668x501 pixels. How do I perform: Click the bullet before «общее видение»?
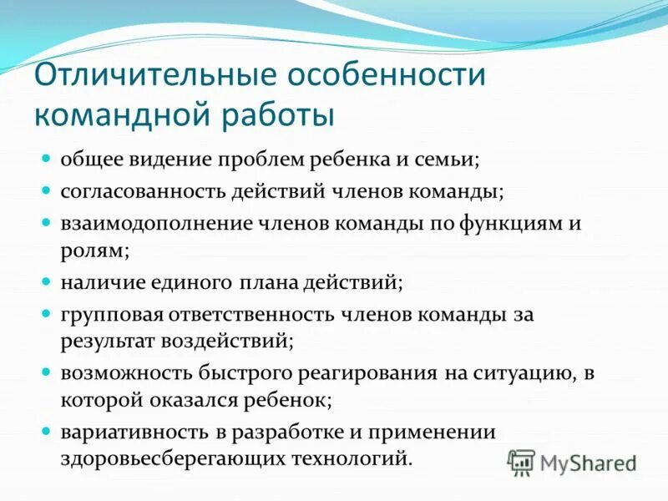click(x=48, y=157)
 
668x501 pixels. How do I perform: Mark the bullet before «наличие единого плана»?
click(x=48, y=281)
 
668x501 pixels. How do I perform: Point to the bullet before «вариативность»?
click(x=48, y=431)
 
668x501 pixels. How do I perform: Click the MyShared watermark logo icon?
click(x=522, y=462)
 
